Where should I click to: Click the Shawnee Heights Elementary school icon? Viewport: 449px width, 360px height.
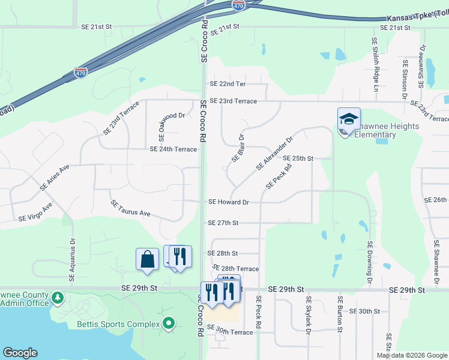tap(349, 119)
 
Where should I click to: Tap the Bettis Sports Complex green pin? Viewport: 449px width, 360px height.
tap(169, 324)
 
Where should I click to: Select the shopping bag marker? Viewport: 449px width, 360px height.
tap(147, 260)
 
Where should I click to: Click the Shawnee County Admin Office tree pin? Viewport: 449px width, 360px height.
tap(58, 297)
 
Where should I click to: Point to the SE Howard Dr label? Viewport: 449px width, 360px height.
tap(228, 203)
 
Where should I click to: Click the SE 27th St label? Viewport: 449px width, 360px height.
tap(223, 223)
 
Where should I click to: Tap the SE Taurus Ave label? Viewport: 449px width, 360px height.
tap(130, 209)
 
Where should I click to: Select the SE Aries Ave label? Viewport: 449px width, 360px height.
tap(55, 178)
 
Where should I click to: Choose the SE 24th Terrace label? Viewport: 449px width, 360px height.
tap(173, 149)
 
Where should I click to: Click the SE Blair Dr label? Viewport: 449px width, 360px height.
tap(239, 148)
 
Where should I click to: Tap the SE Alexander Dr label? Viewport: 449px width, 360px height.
tap(274, 153)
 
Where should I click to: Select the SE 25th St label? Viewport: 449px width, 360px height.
tap(298, 158)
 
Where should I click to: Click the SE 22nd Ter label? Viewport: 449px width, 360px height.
tap(228, 85)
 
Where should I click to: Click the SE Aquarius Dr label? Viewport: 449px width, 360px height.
tap(73, 257)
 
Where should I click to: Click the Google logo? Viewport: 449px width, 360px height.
tap(20, 353)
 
